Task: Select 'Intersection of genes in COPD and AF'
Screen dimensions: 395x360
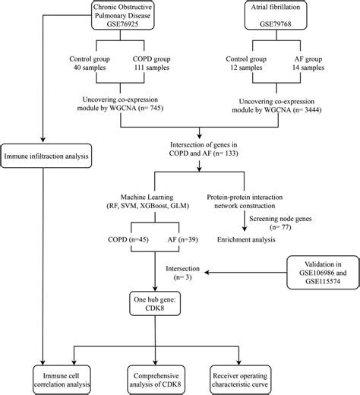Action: pyautogui.click(x=198, y=147)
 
